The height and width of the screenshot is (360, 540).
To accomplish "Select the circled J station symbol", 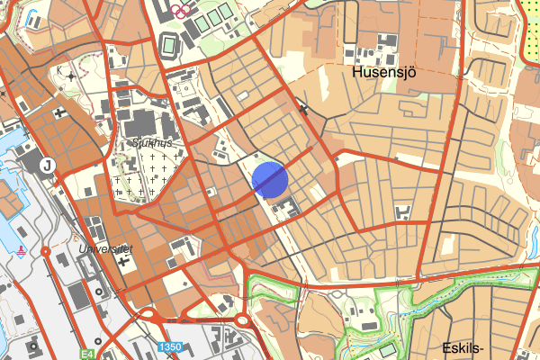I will pos(49,165).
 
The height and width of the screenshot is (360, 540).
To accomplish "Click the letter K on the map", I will pos(59,69).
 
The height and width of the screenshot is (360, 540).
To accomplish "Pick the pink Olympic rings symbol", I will pos(181,10).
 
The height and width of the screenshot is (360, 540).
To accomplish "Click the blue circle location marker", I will pos(270,179).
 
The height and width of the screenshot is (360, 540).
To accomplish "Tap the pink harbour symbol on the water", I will pos(20,250).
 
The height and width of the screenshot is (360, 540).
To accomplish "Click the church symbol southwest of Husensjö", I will pos(304,109).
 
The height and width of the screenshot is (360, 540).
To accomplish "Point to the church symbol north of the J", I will pos(59,112).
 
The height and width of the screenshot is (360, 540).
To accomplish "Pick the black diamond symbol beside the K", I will pos(72,76).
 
